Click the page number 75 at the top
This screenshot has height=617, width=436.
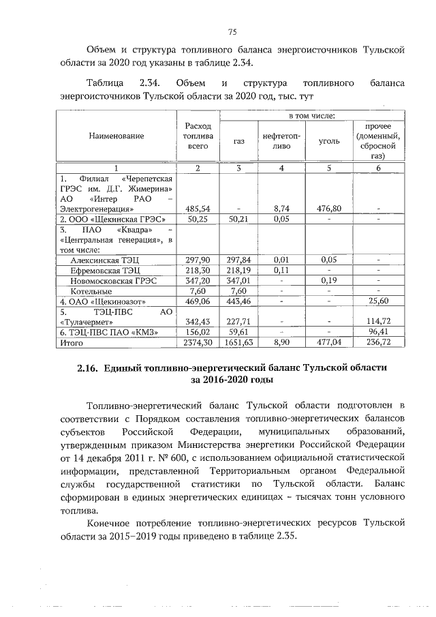click(232, 32)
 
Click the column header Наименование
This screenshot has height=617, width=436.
click(116, 136)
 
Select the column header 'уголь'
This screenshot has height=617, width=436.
click(330, 141)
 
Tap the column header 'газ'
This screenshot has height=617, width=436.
click(238, 141)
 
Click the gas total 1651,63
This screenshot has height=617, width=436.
click(238, 344)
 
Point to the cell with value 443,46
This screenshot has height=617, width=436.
click(238, 301)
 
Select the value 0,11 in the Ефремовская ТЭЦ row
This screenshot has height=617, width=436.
click(281, 270)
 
